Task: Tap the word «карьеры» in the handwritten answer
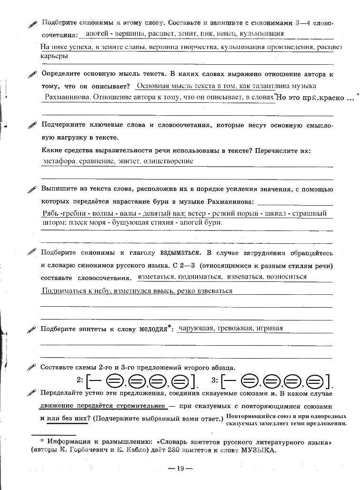(54, 56)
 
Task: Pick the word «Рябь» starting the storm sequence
(50, 213)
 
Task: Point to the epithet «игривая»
(269, 328)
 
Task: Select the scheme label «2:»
(80, 380)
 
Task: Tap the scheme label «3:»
(215, 380)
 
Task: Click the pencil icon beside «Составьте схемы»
(32, 368)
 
